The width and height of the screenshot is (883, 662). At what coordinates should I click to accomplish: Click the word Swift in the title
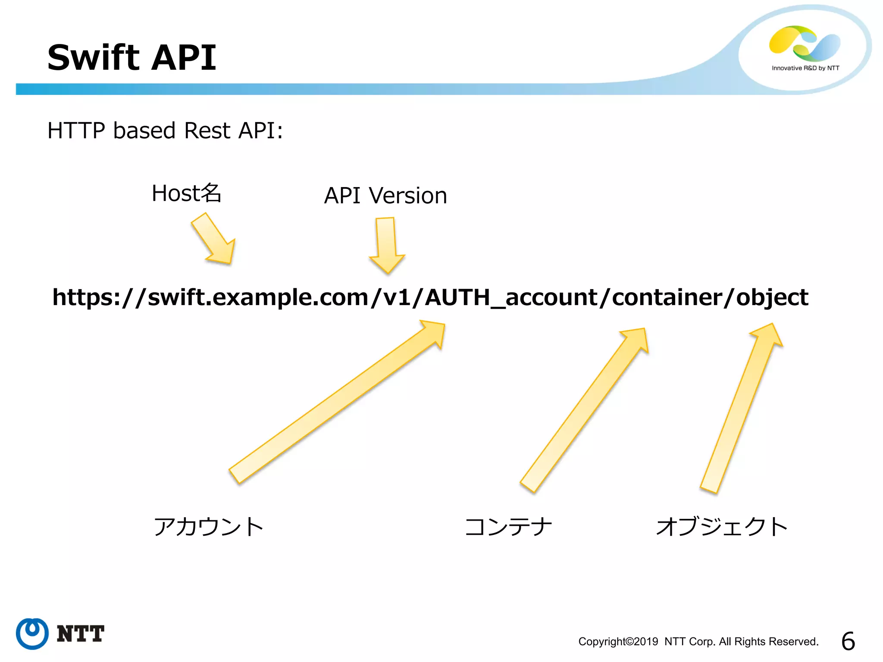[93, 58]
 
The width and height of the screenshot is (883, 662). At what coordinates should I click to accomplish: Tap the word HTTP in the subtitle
[76, 131]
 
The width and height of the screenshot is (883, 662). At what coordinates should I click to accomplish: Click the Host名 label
[186, 194]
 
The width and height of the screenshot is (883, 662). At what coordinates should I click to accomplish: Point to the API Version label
[385, 196]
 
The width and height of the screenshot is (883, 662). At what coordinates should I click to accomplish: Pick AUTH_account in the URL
[511, 297]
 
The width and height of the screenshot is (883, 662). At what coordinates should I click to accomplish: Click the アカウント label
[209, 527]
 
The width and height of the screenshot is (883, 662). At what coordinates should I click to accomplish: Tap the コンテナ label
[509, 527]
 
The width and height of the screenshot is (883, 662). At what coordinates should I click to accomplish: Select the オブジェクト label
[722, 527]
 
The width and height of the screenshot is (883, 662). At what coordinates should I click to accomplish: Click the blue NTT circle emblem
[32, 634]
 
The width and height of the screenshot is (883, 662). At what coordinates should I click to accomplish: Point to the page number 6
[848, 641]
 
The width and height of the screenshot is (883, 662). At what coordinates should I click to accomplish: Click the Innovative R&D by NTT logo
[805, 47]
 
